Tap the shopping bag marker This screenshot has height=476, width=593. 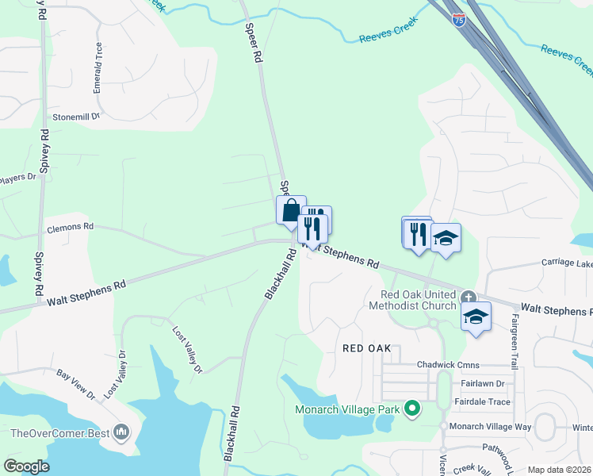pos(291,210)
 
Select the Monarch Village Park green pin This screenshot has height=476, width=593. pos(411,409)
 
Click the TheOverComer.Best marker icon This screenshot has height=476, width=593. pos(121,432)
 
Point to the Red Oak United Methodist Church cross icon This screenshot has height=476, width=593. pos(469,298)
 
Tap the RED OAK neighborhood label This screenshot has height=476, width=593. pos(367,348)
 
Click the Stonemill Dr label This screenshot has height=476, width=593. pos(75,116)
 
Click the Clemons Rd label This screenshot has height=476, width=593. pos(70,226)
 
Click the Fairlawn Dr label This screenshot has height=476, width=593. pos(476,383)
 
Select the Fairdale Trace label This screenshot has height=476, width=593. pos(482,402)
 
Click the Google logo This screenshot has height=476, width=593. pos(26,466)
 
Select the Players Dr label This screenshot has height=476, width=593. pos(19,177)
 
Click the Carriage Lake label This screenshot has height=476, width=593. pos(567,263)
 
